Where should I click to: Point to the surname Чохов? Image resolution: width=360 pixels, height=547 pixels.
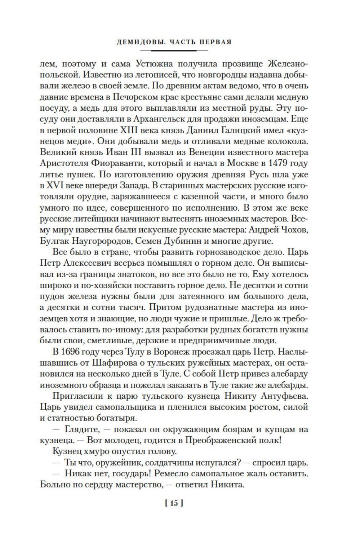click(292, 230)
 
